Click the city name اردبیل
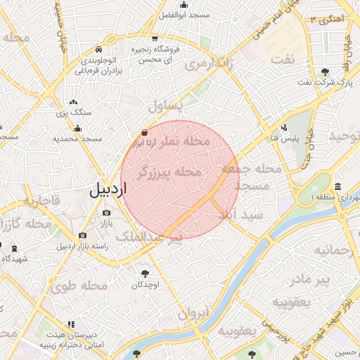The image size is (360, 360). point(107,190)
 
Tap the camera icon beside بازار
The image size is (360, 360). point(106,212)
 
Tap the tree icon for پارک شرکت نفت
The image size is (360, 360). point(324,72)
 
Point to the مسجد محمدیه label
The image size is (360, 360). point(77,139)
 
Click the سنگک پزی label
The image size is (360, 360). point(74,112)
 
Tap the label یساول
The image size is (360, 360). point(165,106)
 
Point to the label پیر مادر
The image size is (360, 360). point(310,281)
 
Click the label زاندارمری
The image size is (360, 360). point(207,64)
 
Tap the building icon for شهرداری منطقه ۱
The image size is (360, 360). point(338,187)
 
